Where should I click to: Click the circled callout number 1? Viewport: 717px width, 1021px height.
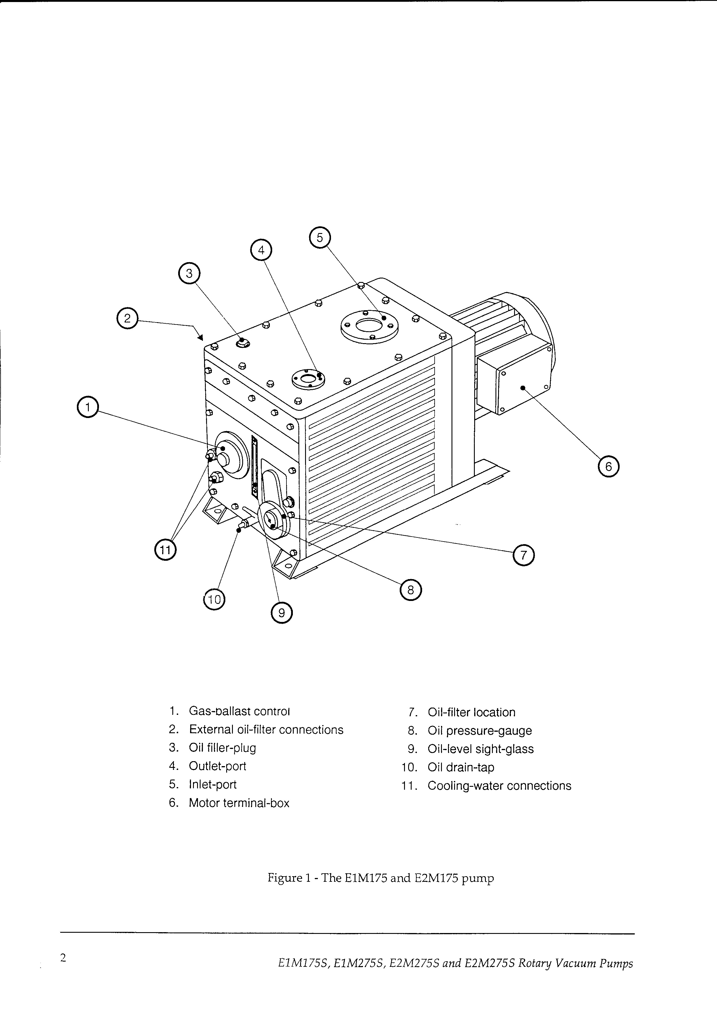point(88,407)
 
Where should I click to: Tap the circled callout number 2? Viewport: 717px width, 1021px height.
point(127,318)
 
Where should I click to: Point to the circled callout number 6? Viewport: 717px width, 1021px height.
point(608,466)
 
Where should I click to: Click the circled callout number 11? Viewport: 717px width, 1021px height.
point(165,550)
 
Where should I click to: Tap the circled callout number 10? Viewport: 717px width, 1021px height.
point(214,600)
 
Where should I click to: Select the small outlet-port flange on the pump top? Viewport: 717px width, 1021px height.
point(308,379)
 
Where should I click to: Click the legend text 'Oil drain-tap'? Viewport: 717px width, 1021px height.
point(461,767)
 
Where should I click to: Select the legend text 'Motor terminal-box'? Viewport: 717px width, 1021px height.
point(239,803)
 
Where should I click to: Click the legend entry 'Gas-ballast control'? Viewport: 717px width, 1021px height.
point(239,711)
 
